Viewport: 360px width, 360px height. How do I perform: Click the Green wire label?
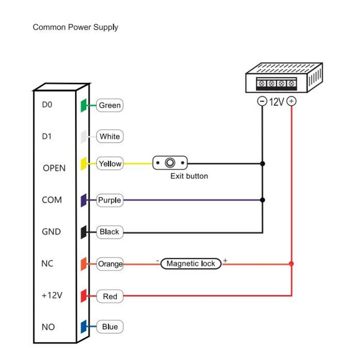[x=110, y=105]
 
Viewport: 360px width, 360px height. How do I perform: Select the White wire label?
[x=110, y=137]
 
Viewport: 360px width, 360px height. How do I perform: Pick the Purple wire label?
[x=110, y=200]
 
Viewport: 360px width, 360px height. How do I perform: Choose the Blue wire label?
[x=110, y=327]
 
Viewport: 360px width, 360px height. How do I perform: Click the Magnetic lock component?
[x=191, y=264]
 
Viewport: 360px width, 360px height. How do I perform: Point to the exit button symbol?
[x=170, y=163]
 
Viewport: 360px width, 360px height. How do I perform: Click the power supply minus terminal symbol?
[x=262, y=102]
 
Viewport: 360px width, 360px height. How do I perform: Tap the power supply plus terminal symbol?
[x=291, y=102]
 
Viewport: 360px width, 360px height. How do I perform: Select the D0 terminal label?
[x=47, y=105]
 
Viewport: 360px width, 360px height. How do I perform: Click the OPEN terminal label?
[x=54, y=168]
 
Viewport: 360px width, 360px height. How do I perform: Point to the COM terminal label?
[x=52, y=200]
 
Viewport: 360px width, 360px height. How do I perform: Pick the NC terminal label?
[x=47, y=264]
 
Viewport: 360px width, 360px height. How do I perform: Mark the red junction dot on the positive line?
[x=291, y=264]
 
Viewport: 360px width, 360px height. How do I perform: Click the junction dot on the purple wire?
[x=262, y=200]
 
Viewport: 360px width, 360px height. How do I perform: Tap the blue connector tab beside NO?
[x=83, y=327]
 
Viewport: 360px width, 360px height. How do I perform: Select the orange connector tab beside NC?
[x=83, y=264]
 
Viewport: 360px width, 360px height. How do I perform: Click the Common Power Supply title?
[x=75, y=27]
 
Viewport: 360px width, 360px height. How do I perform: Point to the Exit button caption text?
[x=189, y=176]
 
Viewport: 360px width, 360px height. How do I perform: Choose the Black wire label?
[x=109, y=232]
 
